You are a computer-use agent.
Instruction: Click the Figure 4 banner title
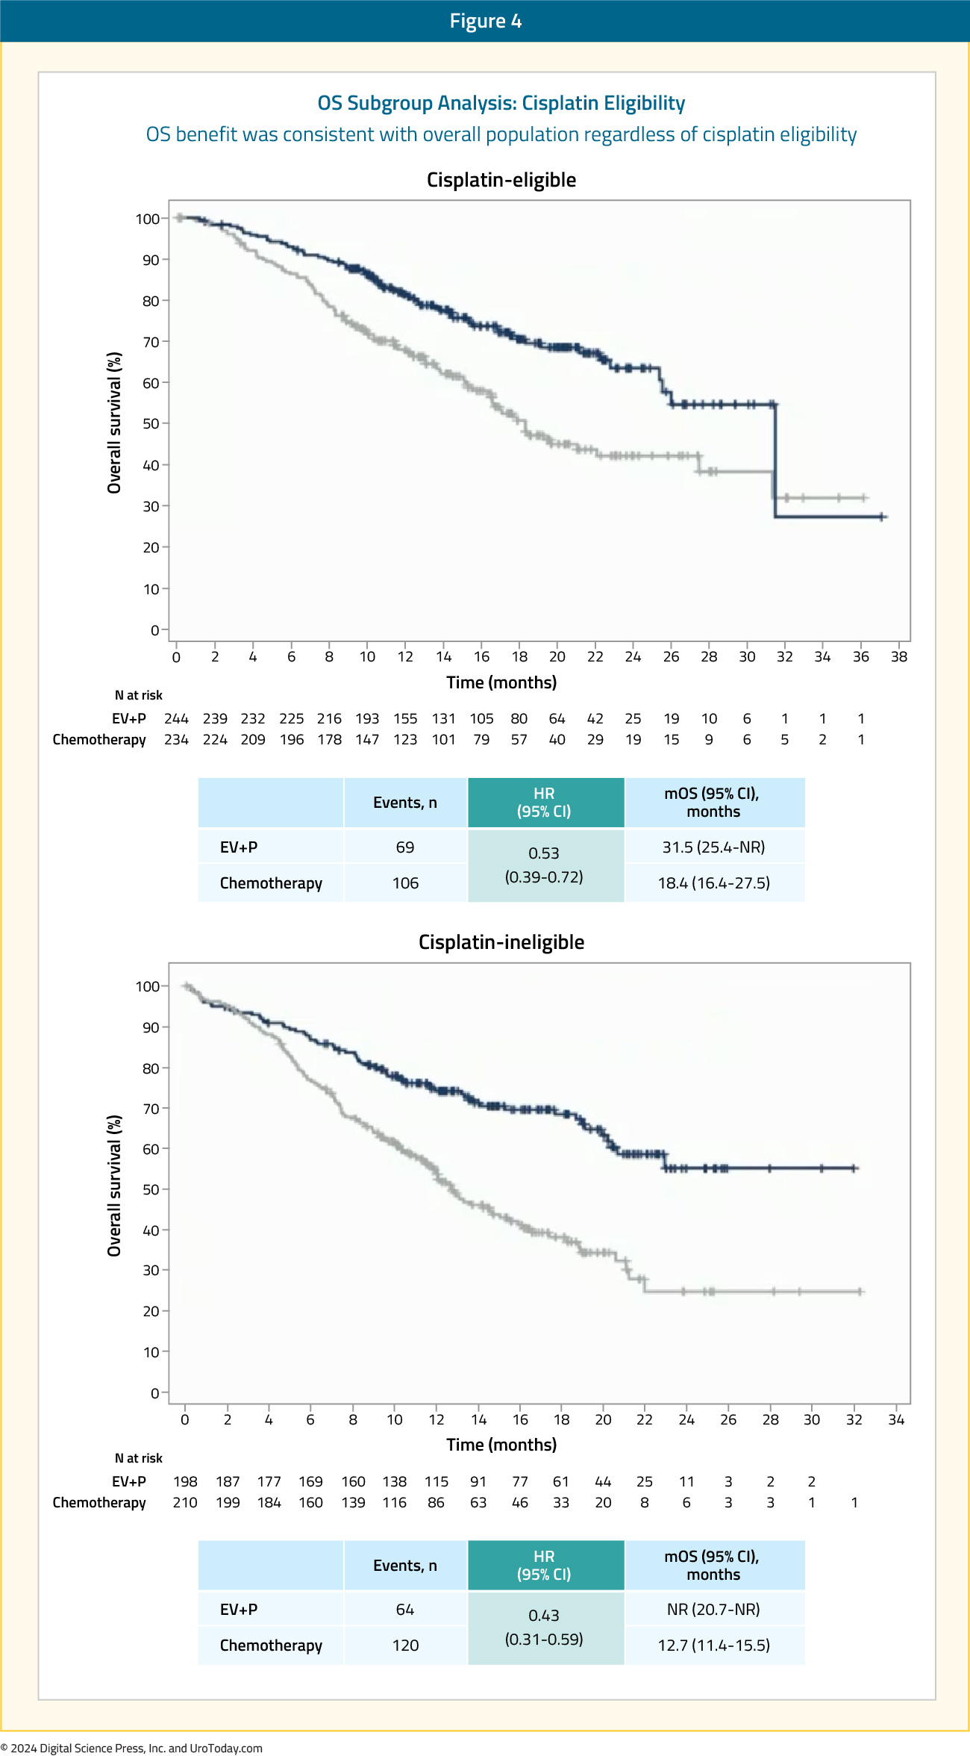(x=485, y=21)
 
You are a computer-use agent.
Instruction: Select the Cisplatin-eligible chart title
(x=501, y=180)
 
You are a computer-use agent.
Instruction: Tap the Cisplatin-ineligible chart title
(x=501, y=942)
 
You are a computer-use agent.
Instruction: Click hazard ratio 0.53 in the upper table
(x=544, y=853)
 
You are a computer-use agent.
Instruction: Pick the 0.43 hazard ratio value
(x=544, y=1616)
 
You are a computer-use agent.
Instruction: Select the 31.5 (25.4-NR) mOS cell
(x=714, y=847)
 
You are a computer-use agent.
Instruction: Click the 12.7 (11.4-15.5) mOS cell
(x=714, y=1646)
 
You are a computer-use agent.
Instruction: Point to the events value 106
(x=405, y=883)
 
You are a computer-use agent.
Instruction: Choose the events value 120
(x=405, y=1646)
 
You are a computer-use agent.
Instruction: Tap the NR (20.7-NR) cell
(x=714, y=1610)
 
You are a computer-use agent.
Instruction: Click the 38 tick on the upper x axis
(x=899, y=657)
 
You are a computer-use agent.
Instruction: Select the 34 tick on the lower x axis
(x=896, y=1420)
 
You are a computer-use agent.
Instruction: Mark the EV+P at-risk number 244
(x=176, y=719)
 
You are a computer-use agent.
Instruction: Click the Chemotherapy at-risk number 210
(x=185, y=1503)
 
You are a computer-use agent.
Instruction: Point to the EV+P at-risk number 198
(x=185, y=1482)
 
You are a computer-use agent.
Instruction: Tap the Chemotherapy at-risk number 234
(x=176, y=740)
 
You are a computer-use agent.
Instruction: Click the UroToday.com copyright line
(x=131, y=1748)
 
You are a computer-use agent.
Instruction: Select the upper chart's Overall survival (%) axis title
(x=114, y=423)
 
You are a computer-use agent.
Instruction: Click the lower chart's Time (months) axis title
(x=501, y=1445)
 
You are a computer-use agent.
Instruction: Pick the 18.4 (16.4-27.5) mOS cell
(x=714, y=883)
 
